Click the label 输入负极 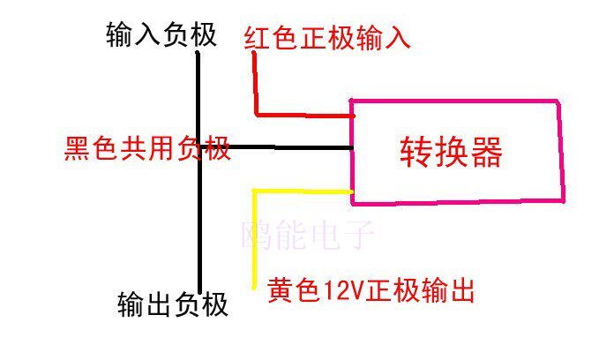click(x=160, y=36)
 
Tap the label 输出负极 click(x=172, y=304)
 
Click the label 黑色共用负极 click(x=147, y=148)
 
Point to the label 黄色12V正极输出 click(x=371, y=289)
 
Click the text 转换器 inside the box click(x=451, y=152)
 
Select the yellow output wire click(x=255, y=238)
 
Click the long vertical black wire click(x=199, y=221)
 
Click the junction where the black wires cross click(x=200, y=147)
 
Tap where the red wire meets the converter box click(x=351, y=115)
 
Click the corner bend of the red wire click(x=257, y=114)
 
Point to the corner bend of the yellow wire click(x=255, y=191)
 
